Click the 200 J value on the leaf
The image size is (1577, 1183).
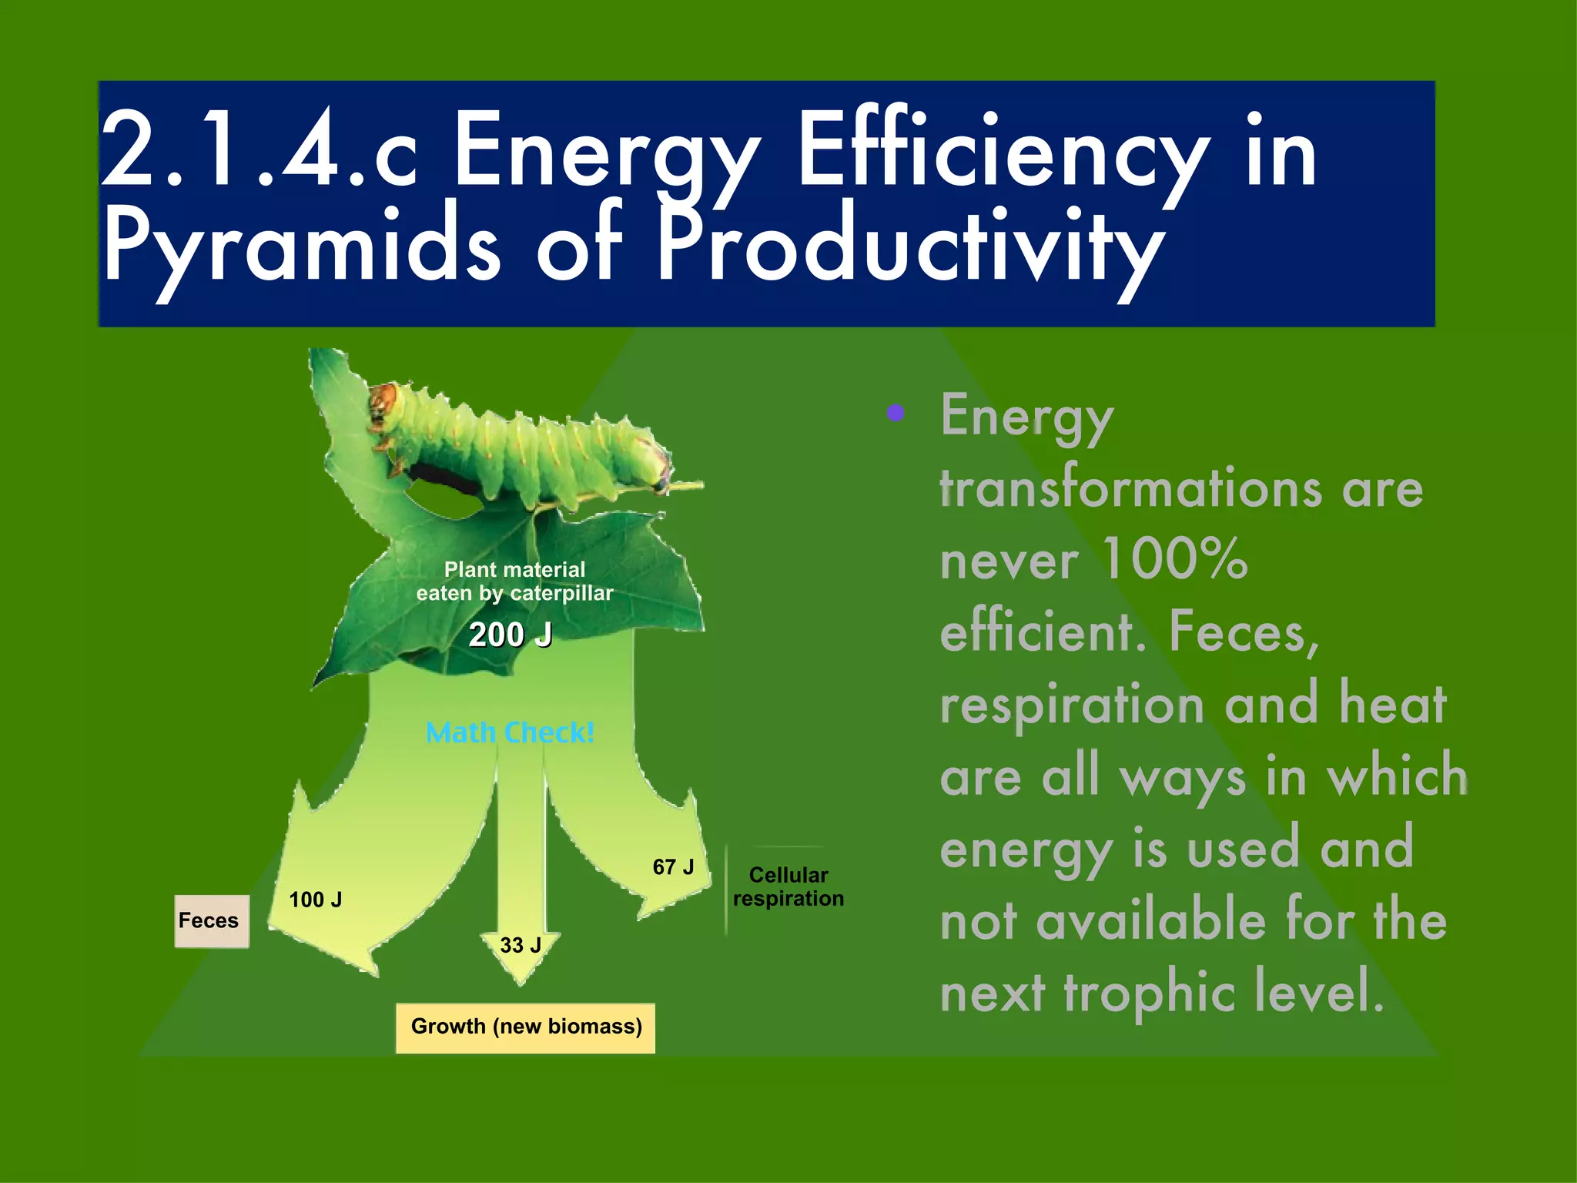(510, 635)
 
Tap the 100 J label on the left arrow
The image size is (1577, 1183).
(315, 900)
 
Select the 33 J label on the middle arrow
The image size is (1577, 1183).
(521, 945)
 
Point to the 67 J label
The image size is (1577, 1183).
(673, 867)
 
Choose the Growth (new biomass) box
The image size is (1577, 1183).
(526, 1027)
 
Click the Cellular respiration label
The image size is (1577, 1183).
(788, 886)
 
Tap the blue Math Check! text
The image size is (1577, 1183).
(510, 732)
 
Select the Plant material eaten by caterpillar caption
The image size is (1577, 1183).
(514, 581)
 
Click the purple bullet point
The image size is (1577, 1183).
(895, 414)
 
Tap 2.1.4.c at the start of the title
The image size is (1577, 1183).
(259, 150)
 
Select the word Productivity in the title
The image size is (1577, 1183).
(909, 246)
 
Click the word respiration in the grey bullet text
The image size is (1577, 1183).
(1071, 704)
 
